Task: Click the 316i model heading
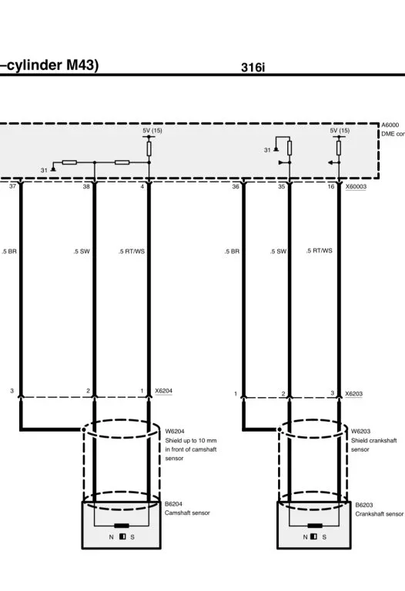coord(253,68)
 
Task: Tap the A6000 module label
coord(390,125)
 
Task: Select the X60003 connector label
coord(356,186)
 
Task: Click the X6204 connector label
coord(164,391)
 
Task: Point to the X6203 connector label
coord(353,393)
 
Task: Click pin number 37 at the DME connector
coord(12,186)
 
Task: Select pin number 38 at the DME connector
coord(86,186)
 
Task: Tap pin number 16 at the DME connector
coord(331,186)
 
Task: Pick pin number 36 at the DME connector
coord(236,186)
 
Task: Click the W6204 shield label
coord(175,431)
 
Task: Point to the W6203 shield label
coord(360,431)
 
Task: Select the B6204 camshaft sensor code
coord(173,504)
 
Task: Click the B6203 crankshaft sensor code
coord(364,505)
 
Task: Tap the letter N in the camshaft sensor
coord(111,537)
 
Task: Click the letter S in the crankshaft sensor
coord(324,537)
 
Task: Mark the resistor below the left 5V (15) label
coord(149,149)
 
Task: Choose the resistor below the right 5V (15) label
coord(339,148)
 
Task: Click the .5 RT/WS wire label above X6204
coord(132,252)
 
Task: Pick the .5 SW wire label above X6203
coord(278,252)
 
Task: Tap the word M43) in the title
coord(82,65)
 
